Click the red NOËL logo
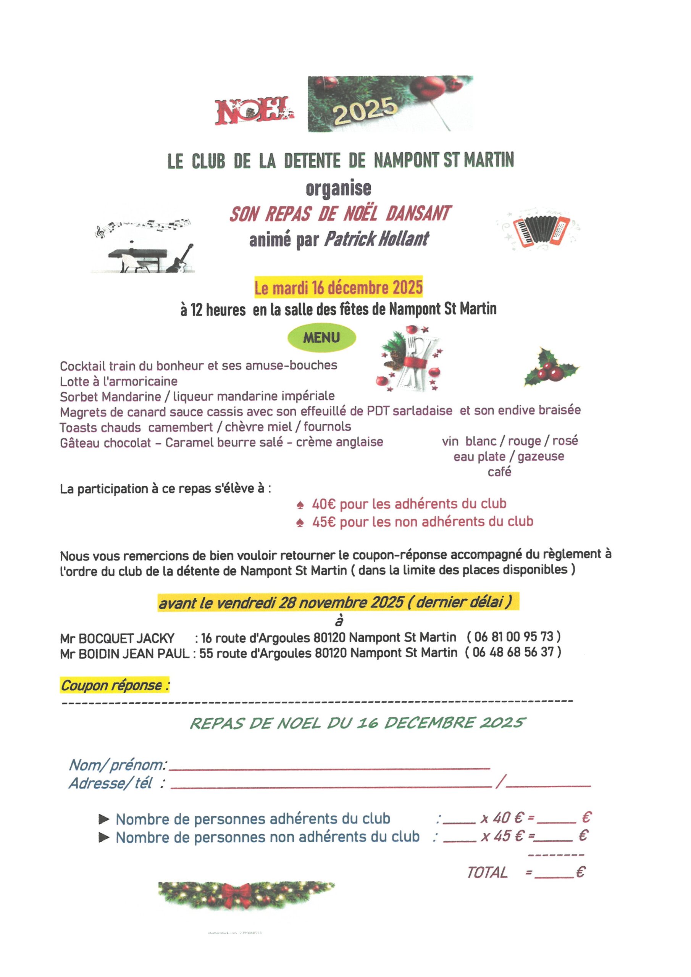click(254, 111)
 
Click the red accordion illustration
click(541, 232)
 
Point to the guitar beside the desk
click(181, 259)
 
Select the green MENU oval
click(321, 338)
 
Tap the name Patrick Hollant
click(376, 239)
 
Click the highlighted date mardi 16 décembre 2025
click(339, 288)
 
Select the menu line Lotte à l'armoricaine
click(118, 381)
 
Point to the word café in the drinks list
click(499, 472)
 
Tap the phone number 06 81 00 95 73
click(513, 637)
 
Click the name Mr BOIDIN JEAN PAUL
click(125, 653)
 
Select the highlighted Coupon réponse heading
click(115, 685)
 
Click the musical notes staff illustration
click(143, 226)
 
